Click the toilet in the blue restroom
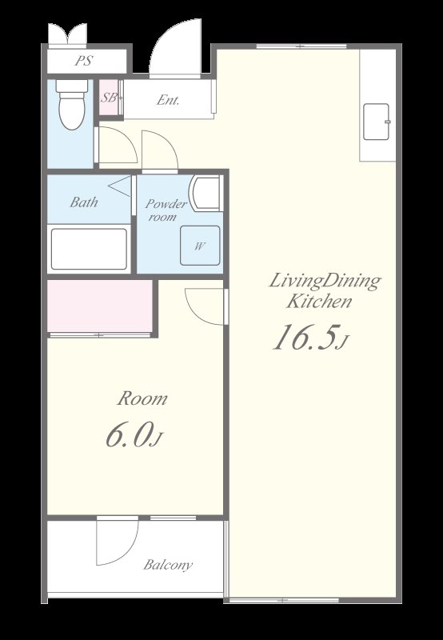(72, 105)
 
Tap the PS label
(84, 62)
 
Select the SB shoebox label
(109, 98)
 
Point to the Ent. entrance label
(168, 101)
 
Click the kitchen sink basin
(376, 122)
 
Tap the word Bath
(84, 202)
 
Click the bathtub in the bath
(89, 249)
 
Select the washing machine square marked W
(200, 246)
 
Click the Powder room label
(166, 210)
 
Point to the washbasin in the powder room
(206, 193)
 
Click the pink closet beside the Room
(100, 306)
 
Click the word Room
(142, 398)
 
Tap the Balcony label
(168, 566)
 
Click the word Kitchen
(318, 302)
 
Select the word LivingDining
(325, 282)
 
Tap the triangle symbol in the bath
(120, 186)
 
